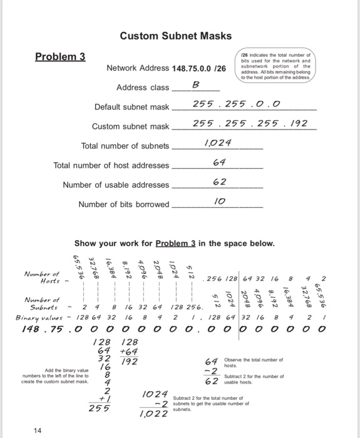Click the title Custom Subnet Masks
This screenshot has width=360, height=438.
click(175, 36)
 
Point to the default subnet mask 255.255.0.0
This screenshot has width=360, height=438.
click(227, 104)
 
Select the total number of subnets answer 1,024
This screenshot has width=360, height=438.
click(219, 145)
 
